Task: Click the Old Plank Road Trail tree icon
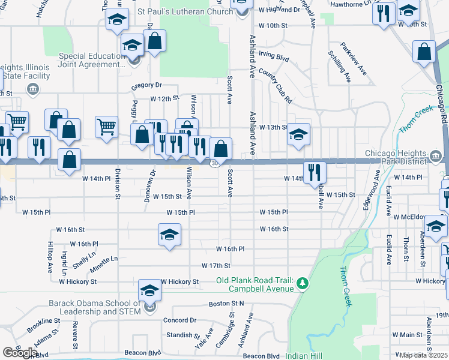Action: tap(303, 283)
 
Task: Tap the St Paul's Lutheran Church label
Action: tap(185, 12)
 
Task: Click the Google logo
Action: tap(19, 352)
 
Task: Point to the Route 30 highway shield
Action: tap(214, 164)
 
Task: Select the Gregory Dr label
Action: tap(147, 86)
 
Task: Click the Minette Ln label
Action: tap(104, 262)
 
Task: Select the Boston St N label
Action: tap(227, 304)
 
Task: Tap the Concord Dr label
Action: tap(180, 320)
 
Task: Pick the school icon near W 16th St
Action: tap(170, 235)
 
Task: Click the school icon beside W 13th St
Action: tap(298, 134)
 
